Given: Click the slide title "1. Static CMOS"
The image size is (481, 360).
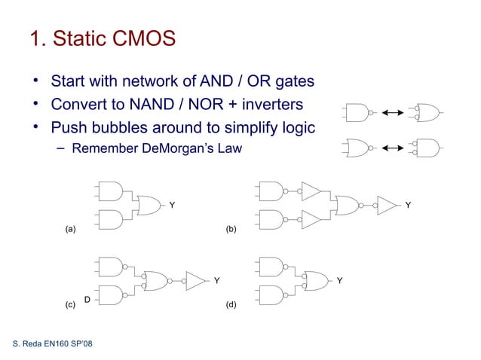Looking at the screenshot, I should click(x=103, y=38).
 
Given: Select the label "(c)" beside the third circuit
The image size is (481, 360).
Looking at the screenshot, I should click(x=70, y=305).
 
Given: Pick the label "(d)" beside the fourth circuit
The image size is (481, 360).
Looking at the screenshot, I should click(x=231, y=305).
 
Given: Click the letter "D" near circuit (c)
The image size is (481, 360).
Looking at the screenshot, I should click(x=87, y=300).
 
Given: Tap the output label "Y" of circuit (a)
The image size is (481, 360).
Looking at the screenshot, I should click(x=172, y=204).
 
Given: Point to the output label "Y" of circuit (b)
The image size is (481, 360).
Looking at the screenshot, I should click(x=408, y=204).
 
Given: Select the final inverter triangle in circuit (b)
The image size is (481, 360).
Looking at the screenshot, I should click(x=386, y=204).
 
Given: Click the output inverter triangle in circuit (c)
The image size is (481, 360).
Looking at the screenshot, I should click(x=195, y=280).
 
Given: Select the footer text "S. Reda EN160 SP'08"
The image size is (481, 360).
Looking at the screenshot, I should click(x=53, y=344).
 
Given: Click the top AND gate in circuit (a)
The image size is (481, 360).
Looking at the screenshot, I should click(x=110, y=191).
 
